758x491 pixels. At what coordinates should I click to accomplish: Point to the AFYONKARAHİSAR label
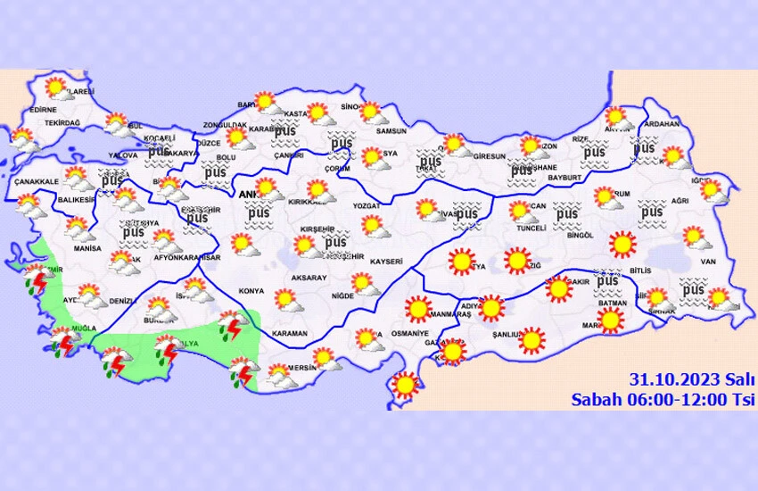tap(185, 258)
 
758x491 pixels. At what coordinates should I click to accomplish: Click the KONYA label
tap(252, 291)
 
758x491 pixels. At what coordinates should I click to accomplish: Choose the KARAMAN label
tap(289, 333)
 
